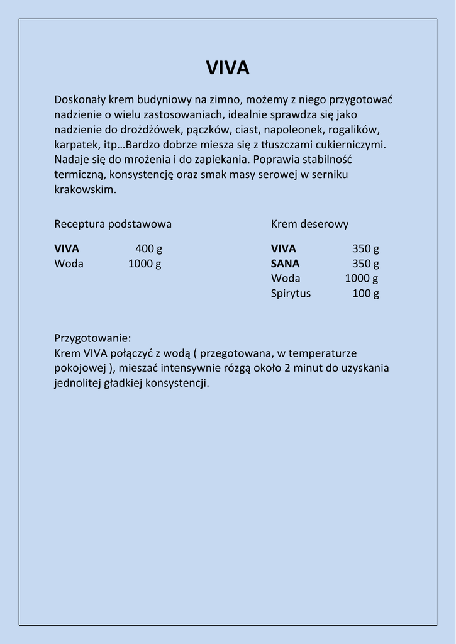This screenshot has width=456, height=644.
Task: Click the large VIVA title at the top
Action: pos(228,68)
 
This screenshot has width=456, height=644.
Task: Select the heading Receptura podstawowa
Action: pos(113,224)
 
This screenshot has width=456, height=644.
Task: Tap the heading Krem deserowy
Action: pos(309,224)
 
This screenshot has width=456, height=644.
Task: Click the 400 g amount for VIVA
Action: pos(148,248)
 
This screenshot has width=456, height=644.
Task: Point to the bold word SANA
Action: pos(285,264)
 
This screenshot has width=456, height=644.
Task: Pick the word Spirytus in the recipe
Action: pos(291,294)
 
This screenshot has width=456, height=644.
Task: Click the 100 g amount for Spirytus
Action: pos(365,294)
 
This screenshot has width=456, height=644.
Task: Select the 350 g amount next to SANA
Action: pos(365,264)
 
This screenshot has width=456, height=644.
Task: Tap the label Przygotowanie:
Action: pos(92,338)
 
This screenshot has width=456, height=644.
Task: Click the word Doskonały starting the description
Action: pos(80,99)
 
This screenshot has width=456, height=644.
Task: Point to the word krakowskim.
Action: pos(85,190)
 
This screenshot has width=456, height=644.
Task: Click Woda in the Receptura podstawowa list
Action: pos(69,264)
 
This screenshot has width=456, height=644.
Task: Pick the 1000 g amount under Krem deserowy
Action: pos(361,279)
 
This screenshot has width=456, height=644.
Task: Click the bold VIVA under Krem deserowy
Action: pos(283,248)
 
